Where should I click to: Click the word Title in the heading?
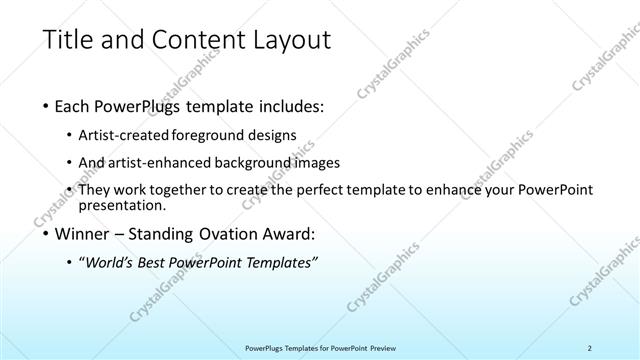66,41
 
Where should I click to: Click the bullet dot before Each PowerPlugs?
48,106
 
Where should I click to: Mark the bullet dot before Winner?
48,235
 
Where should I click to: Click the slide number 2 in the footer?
591,348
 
